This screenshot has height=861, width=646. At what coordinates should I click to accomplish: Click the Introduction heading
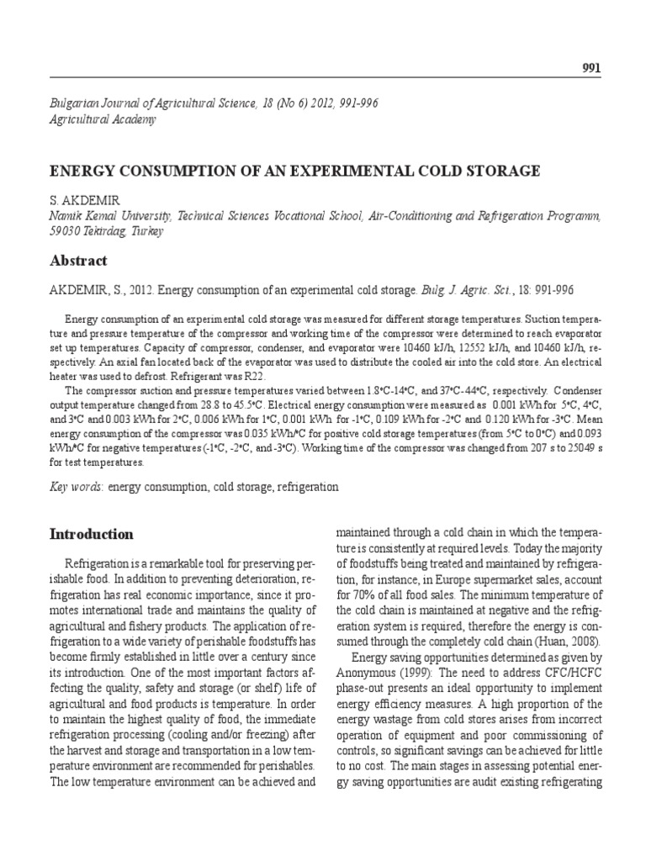pyautogui.click(x=92, y=534)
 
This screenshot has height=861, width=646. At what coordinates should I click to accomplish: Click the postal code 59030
pyautogui.click(x=66, y=231)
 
